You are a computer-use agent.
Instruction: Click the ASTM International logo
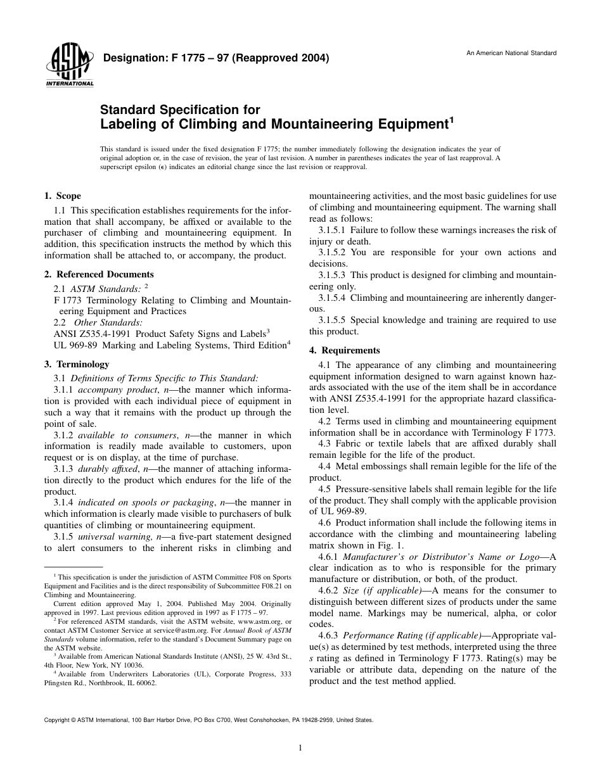pyautogui.click(x=69, y=66)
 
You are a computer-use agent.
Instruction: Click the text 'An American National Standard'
pyautogui.click(x=511, y=53)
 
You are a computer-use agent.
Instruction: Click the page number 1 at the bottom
pyautogui.click(x=300, y=748)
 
